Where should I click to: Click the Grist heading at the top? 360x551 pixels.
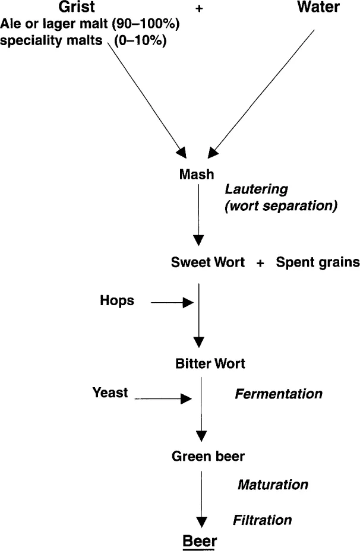click(76, 8)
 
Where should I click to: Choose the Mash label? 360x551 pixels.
click(197, 175)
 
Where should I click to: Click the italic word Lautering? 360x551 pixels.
click(256, 189)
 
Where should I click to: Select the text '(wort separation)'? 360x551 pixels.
click(281, 206)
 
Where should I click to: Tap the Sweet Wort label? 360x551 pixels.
click(208, 262)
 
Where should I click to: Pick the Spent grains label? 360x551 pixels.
click(318, 262)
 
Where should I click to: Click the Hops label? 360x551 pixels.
click(117, 301)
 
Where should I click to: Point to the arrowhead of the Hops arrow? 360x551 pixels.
click(189, 303)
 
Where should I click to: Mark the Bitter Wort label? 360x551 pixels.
click(210, 363)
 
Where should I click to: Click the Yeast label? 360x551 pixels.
click(110, 392)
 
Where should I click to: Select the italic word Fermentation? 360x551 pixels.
click(279, 394)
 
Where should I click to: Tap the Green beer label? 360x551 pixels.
click(208, 457)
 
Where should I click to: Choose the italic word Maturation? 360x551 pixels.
click(273, 484)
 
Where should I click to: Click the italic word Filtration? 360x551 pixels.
click(262, 520)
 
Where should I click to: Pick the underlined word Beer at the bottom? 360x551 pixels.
click(200, 541)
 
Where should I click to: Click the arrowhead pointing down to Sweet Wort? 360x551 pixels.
click(199, 240)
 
